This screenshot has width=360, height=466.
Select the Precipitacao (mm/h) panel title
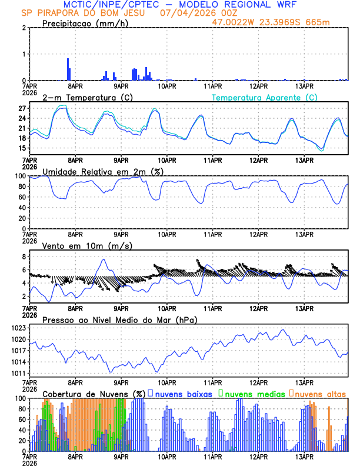click(x=85, y=24)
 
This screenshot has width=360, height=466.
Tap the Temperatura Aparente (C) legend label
click(x=265, y=97)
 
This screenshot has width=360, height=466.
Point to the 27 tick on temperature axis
click(x=22, y=109)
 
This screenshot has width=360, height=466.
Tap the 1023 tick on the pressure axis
click(x=19, y=328)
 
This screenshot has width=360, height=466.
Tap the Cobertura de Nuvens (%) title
click(x=94, y=393)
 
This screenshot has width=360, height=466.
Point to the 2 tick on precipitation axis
click(x=24, y=28)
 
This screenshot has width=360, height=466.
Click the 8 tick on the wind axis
click(x=24, y=257)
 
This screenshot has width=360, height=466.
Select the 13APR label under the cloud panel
click(x=304, y=455)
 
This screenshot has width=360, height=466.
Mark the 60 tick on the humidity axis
click(x=21, y=197)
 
